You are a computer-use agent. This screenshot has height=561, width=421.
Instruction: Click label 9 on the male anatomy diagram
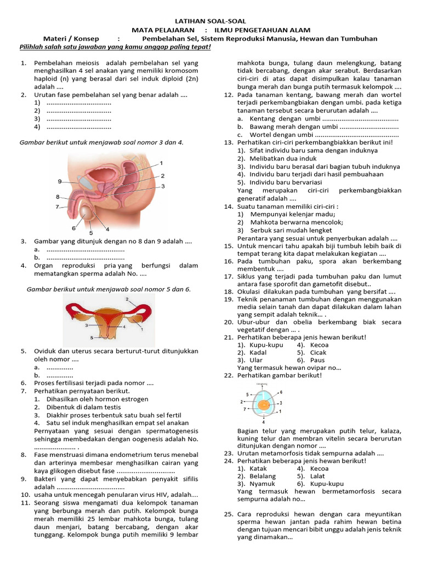point(60,181)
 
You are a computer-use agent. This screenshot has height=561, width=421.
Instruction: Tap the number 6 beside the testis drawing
point(73,227)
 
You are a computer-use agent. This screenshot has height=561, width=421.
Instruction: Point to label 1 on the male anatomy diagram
point(161,163)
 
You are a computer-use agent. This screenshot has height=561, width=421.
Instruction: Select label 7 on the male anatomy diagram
point(57,207)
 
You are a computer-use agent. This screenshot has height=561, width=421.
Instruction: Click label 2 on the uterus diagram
point(128,300)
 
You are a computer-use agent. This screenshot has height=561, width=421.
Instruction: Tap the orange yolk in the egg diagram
point(264,405)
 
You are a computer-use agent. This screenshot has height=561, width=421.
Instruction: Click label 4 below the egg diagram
point(264,422)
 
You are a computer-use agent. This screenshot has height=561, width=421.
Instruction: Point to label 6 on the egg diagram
point(281,392)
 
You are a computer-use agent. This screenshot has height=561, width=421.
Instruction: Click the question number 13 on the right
point(229,142)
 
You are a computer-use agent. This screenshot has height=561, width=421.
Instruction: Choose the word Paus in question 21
point(318,360)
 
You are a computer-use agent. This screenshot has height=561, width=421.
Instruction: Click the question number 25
point(229,514)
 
